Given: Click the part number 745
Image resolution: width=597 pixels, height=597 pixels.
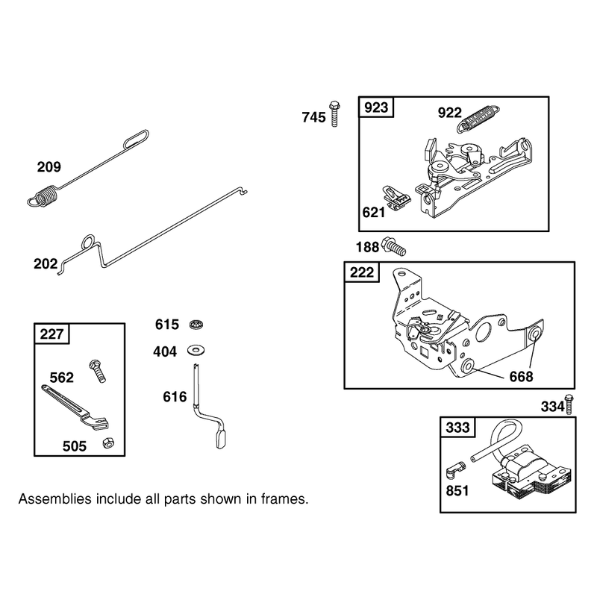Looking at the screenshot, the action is pos(313,117).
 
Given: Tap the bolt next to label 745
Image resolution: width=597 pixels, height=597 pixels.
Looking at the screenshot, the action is pos(334,114).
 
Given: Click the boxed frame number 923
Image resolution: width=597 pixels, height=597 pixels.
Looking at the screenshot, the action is pos(376,107).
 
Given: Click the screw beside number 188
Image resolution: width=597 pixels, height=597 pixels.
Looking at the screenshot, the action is pos(394,246).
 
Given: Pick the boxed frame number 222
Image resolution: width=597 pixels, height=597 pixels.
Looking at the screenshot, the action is pos(362,272).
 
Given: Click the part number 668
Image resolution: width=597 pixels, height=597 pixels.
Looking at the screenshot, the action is pos(521,377).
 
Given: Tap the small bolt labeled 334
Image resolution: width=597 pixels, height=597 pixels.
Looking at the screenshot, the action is pos(569,404).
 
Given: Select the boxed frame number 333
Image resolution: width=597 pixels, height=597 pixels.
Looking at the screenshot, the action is pos(457,428).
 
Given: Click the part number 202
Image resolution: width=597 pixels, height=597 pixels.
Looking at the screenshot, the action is pos(46,264).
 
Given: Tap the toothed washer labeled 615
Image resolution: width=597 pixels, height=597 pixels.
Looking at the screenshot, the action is pos(196,325).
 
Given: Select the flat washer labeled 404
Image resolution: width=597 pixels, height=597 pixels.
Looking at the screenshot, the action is pos(196,350).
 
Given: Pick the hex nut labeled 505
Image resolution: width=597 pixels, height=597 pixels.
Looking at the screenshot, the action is pos(108,443).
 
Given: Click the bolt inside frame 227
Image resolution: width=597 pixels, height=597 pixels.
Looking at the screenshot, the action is pos(98,371).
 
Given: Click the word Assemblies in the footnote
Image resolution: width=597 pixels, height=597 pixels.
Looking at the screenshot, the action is pos(54,498).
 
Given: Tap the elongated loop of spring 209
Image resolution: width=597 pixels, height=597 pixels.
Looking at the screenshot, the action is pos(137,139).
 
